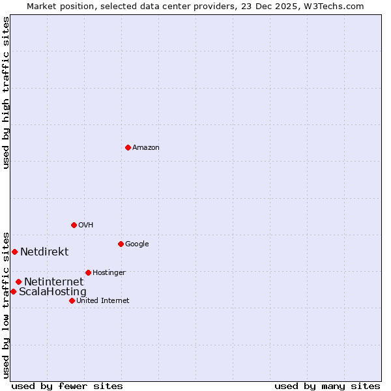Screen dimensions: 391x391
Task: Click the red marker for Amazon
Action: point(128,147)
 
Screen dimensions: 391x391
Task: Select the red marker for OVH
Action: point(74,225)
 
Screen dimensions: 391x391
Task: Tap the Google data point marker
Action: point(121,244)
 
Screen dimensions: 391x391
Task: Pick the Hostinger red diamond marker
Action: point(88,272)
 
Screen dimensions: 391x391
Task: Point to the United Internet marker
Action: point(72,300)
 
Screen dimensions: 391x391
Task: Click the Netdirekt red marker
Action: point(14,252)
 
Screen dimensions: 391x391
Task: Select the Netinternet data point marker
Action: point(18,282)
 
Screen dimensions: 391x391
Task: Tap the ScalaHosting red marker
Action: point(13,291)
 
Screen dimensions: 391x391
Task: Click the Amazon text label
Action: point(146,148)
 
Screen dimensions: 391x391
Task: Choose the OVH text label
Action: point(86,225)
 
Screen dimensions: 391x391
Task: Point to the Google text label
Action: point(137,244)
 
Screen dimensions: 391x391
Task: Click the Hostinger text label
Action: point(109,273)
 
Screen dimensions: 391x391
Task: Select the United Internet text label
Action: point(103,301)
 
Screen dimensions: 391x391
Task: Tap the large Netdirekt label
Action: point(44,252)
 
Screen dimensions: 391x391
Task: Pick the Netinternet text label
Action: point(53,282)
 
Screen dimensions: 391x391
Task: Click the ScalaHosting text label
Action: point(52,292)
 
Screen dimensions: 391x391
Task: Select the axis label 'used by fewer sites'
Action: point(67,386)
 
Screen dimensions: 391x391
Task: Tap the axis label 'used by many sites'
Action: point(327,386)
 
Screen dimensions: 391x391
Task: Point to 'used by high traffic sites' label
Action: point(7,93)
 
